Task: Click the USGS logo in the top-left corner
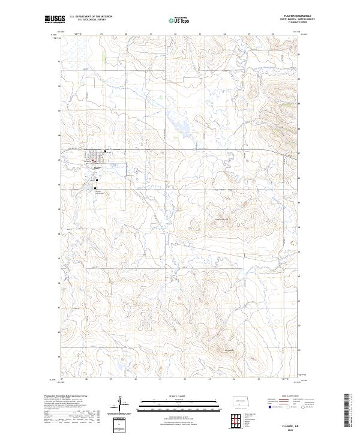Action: pos(54,20)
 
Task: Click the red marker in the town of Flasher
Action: pos(93,160)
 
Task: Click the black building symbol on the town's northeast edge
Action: pos(106,151)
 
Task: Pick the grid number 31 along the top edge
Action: pos(150,35)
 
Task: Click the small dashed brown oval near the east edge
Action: pos(293,244)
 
